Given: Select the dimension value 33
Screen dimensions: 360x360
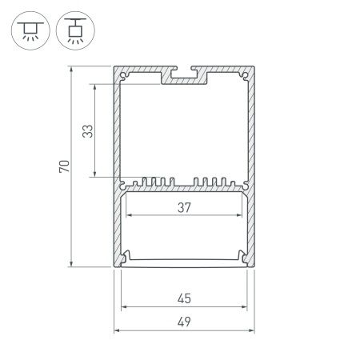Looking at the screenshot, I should point(89,130).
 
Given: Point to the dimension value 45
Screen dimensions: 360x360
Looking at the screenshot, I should point(183,299).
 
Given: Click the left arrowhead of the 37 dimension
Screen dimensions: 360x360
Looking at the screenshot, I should point(125,216).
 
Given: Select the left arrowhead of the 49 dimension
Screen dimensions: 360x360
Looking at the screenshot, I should point(117,330).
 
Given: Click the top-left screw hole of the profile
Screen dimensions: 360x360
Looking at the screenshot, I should point(125,77).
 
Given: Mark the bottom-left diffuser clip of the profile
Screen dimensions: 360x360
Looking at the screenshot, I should point(126,257).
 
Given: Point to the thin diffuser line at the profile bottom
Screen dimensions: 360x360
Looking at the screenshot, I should point(183,260).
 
